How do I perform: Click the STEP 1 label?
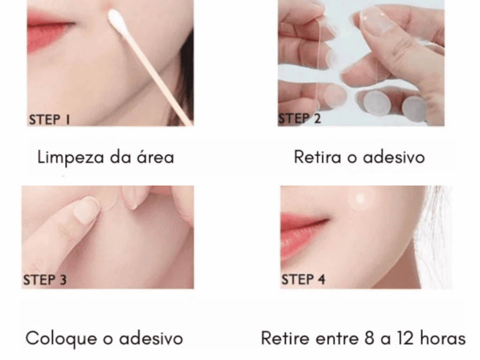50,119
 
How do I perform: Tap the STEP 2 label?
300,118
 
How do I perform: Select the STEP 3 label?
45,280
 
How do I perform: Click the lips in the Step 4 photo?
305,230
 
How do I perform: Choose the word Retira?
316,157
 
